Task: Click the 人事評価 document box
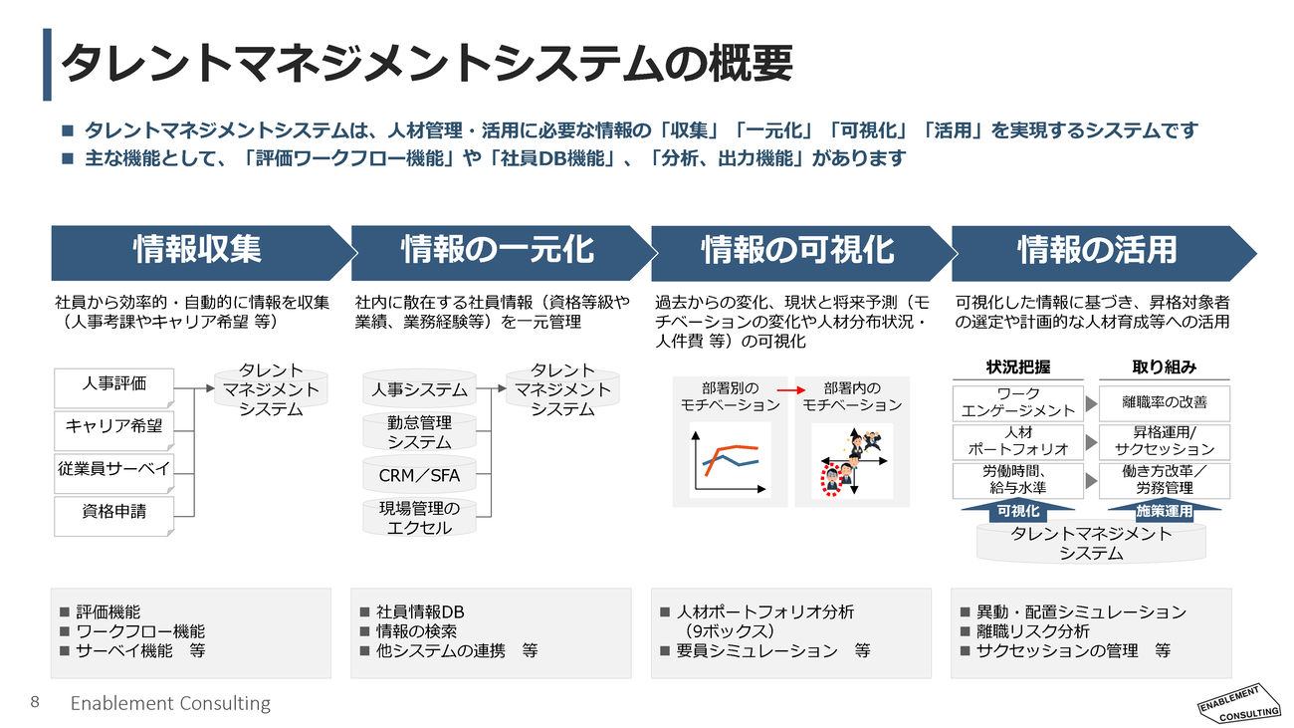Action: click(x=113, y=383)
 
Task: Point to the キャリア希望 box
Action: click(x=113, y=427)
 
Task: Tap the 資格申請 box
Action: click(x=113, y=513)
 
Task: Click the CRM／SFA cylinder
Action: click(x=419, y=476)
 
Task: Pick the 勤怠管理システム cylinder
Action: click(x=419, y=432)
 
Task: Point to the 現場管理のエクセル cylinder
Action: click(x=419, y=518)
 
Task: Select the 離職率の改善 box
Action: click(x=1164, y=402)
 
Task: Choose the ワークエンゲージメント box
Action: click(x=1017, y=402)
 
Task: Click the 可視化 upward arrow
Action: click(x=1017, y=510)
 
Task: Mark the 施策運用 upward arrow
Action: click(x=1164, y=510)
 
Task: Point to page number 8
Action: click(x=35, y=702)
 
